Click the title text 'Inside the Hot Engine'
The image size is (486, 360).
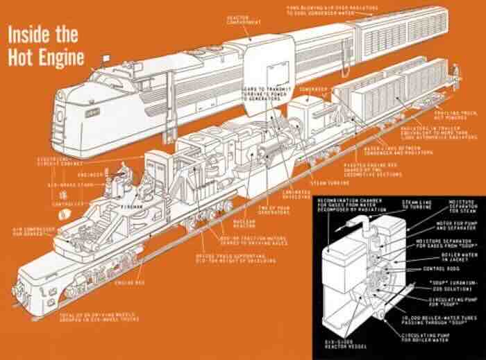click(x=43, y=46)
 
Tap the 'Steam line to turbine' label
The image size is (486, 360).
click(x=417, y=205)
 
